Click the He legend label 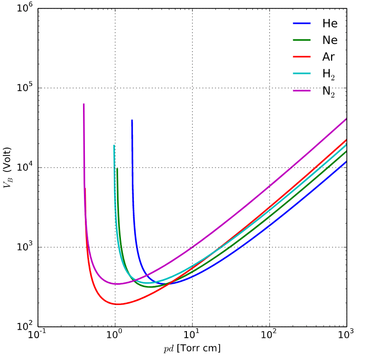330,23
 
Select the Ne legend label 330,40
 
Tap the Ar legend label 329,57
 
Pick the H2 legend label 329,74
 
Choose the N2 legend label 329,91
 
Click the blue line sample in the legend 302,23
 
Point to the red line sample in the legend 302,57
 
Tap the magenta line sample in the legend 302,90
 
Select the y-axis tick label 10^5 23,88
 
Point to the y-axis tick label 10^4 23,167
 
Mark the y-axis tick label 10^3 23,247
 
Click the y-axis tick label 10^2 23,326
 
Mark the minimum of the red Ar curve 117,304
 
